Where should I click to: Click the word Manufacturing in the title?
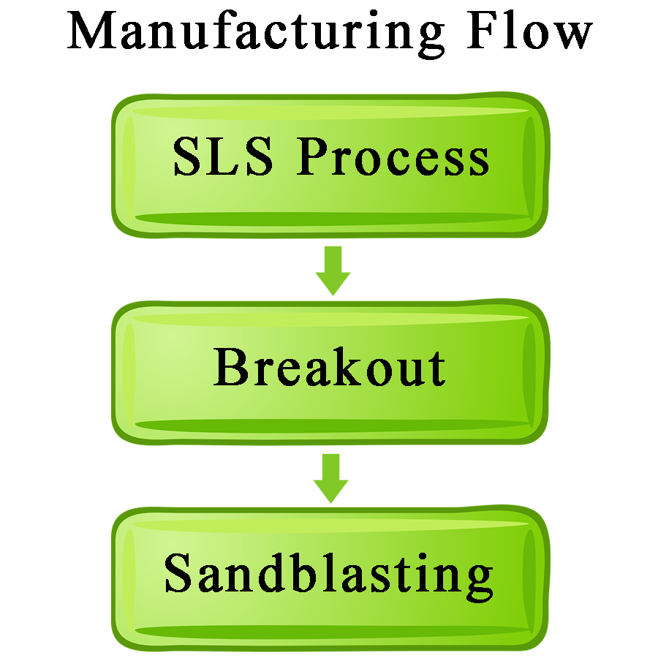tap(255, 34)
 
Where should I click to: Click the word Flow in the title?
tap(529, 29)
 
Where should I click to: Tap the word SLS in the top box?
tap(223, 156)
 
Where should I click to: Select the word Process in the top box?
tap(393, 156)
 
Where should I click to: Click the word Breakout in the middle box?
tap(330, 367)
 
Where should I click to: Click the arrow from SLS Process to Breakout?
tap(333, 271)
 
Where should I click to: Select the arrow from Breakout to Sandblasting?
tap(331, 478)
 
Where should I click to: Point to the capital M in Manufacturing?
tap(92, 30)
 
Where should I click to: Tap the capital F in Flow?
tap(483, 30)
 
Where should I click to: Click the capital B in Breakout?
tap(231, 367)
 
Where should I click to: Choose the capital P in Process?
tap(312, 156)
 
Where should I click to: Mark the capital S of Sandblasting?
tap(178, 573)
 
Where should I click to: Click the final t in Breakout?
tap(436, 370)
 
